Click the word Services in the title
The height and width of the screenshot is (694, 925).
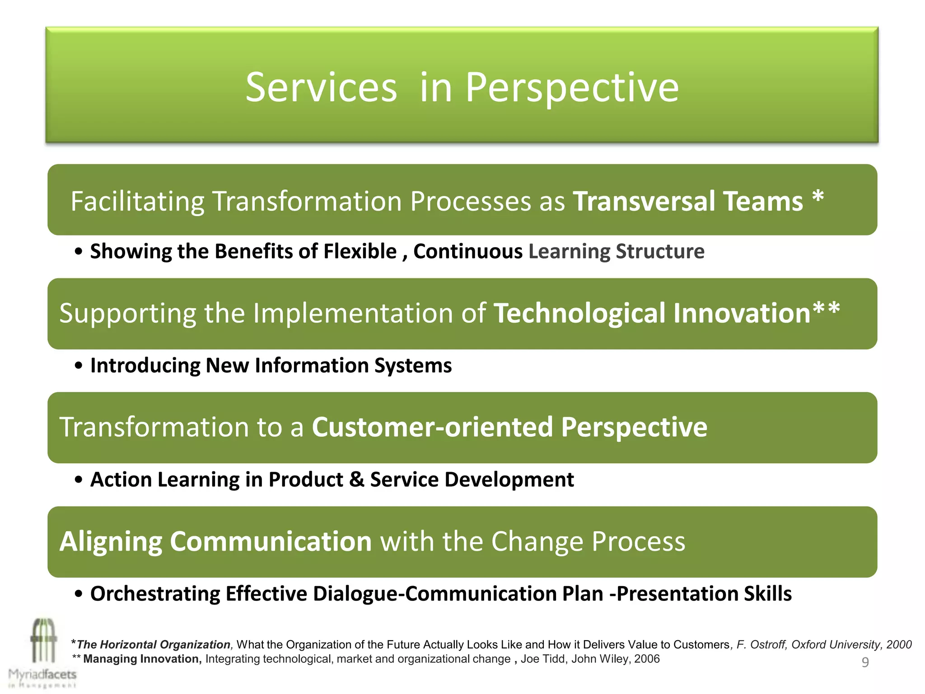321,88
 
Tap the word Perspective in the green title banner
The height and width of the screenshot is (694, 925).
572,88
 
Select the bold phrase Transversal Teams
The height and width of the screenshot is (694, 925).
688,201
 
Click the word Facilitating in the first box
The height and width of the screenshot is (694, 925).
137,201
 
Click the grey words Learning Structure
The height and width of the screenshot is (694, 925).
616,251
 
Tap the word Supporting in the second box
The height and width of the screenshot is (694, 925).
127,313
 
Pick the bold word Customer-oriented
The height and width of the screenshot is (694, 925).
432,427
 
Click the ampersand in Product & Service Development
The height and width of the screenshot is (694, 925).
356,479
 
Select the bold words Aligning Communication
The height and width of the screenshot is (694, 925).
215,541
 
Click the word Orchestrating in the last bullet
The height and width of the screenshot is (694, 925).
154,594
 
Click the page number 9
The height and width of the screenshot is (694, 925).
865,662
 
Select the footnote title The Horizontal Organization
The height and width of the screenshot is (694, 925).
154,645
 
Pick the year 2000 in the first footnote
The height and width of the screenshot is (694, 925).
899,645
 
